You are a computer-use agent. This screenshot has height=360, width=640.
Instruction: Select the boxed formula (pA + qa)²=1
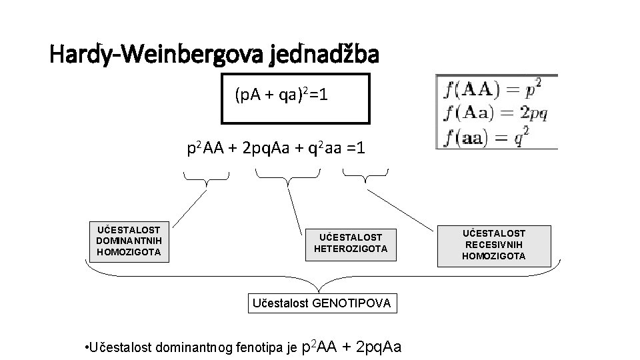point(295,99)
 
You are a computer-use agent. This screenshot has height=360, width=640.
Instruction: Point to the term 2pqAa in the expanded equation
point(272,147)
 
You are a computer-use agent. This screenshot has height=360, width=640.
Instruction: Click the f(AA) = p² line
point(493,88)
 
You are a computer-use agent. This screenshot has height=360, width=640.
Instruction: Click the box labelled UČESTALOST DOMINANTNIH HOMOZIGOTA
point(129,241)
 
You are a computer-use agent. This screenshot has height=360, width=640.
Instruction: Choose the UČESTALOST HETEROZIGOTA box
point(350,243)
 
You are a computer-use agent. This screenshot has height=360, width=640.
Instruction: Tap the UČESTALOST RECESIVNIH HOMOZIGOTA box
point(493,245)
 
